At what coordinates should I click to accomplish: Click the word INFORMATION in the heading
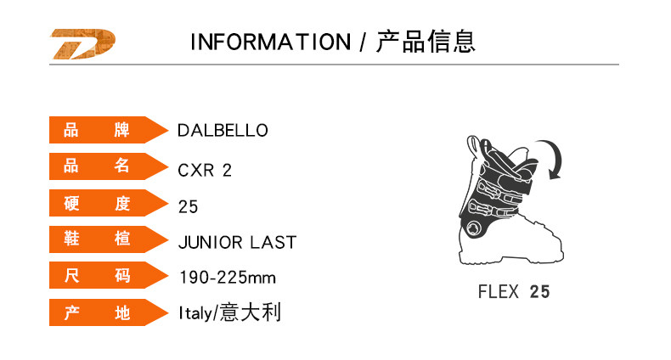tap(270, 42)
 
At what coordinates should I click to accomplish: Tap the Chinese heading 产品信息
tap(426, 42)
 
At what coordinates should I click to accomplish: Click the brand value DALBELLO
tap(223, 131)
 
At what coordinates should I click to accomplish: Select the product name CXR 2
tap(205, 170)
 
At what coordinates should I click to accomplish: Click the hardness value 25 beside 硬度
tap(188, 206)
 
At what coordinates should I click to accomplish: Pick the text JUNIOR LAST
tap(237, 243)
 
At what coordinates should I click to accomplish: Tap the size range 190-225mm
tap(228, 278)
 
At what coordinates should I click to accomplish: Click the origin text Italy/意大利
tap(229, 313)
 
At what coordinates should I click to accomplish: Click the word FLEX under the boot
tap(499, 292)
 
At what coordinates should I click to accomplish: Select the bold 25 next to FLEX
tap(539, 292)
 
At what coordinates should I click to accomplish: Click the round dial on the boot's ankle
tap(471, 228)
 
